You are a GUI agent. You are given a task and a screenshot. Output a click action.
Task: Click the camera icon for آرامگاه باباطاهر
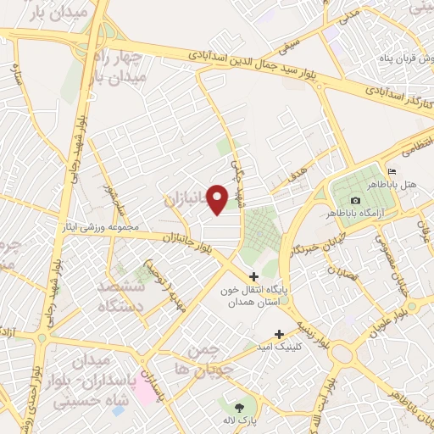click(355, 200)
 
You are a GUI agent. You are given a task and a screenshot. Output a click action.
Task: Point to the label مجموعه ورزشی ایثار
click(85, 228)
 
